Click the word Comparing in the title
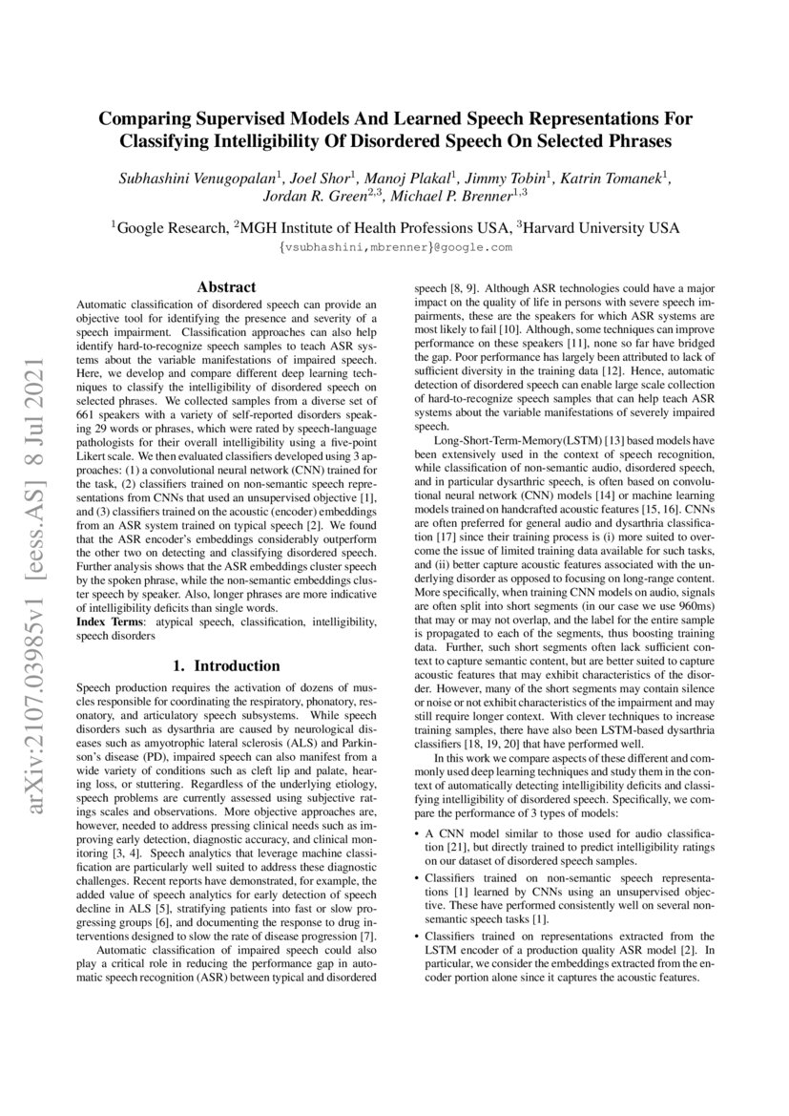coord(156,119)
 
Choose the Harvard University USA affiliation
coord(599,228)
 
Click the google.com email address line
coord(395,247)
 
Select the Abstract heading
coord(226,286)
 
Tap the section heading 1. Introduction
coord(226,666)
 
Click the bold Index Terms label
coord(108,621)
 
